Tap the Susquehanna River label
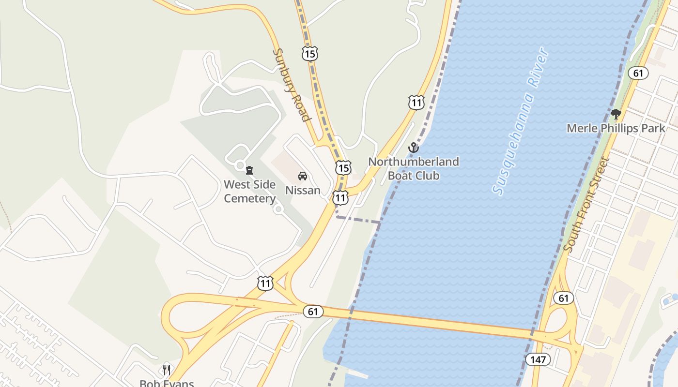click(x=521, y=121)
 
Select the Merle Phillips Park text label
click(x=616, y=128)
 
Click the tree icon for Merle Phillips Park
click(x=616, y=115)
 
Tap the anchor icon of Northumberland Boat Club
click(x=413, y=148)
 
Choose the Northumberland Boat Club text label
click(x=414, y=168)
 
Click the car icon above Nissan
click(x=303, y=176)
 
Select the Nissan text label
click(x=303, y=190)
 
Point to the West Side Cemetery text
click(x=249, y=191)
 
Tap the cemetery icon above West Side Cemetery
click(x=249, y=170)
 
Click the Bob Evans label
click(x=167, y=383)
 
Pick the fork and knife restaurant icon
click(x=167, y=370)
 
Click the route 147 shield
click(x=538, y=359)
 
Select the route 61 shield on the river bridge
click(x=313, y=311)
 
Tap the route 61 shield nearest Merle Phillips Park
click(x=638, y=73)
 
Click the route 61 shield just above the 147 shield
click(x=564, y=298)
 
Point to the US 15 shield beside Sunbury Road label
click(x=309, y=54)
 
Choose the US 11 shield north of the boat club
click(x=416, y=103)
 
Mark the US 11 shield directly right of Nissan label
click(x=340, y=197)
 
